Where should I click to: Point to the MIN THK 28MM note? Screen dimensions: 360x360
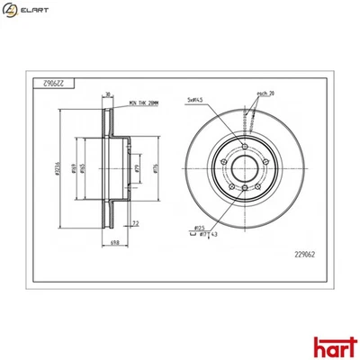(148, 105)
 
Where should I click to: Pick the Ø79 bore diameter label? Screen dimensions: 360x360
(135, 166)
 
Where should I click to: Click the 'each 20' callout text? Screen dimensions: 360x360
(265, 93)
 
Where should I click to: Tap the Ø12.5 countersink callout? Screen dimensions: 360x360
(202, 229)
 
